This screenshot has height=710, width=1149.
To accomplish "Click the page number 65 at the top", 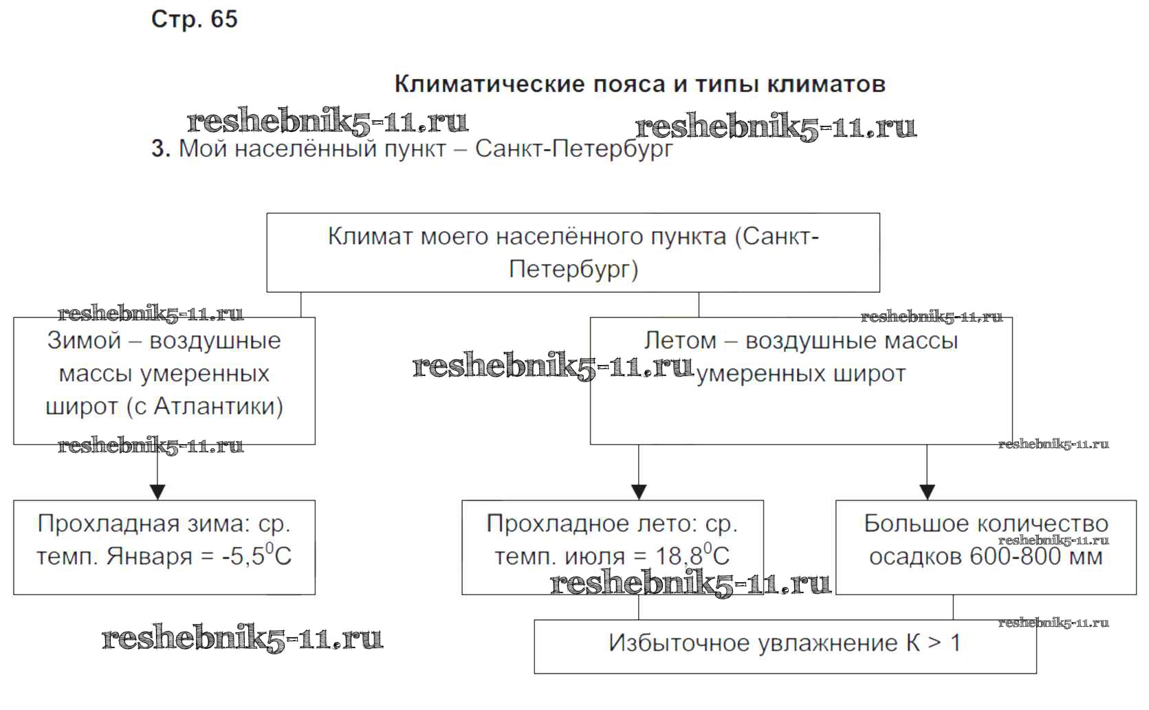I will click(223, 19).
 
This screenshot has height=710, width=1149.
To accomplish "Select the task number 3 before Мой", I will click(160, 148).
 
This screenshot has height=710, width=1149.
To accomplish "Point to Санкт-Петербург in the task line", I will click(573, 148).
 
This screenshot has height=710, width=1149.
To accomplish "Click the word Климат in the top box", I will click(370, 236).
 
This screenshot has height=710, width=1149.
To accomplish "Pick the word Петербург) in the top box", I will click(573, 269).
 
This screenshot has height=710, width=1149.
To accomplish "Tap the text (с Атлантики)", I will click(205, 406).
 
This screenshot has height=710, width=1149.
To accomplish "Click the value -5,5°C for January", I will click(256, 555).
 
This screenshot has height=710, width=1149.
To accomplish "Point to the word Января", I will click(149, 556).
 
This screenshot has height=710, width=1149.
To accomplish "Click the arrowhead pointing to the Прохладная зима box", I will click(157, 492).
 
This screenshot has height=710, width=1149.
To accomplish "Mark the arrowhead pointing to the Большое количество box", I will click(927, 492).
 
